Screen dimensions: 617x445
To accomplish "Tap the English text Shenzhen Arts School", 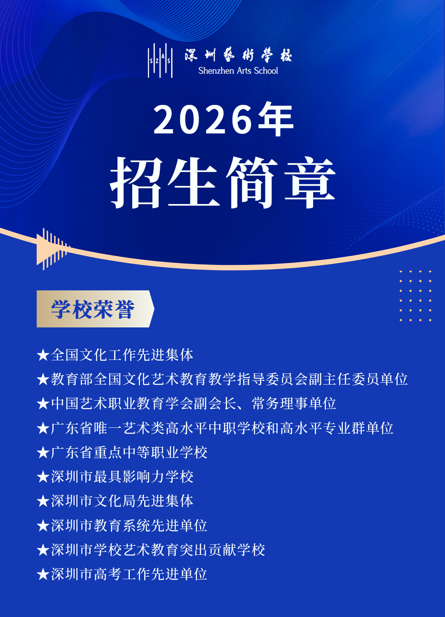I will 238,71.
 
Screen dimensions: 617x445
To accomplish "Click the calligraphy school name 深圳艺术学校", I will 238,55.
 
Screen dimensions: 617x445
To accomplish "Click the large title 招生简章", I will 223,182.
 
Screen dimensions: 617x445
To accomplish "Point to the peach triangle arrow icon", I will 52,249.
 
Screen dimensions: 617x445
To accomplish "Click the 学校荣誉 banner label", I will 93,309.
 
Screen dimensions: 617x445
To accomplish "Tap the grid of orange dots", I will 415,296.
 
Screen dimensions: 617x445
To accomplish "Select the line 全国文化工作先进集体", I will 122,355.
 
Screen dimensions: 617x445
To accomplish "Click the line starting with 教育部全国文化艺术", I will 229,379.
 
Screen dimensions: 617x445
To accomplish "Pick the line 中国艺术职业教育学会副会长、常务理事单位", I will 193,404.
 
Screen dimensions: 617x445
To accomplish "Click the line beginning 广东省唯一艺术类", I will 222,428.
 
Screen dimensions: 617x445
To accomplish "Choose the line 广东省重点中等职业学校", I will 129,452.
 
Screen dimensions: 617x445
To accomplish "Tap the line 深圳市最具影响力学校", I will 122,477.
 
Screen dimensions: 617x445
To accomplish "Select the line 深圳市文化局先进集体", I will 122,501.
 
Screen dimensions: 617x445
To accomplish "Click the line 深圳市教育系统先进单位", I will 129,526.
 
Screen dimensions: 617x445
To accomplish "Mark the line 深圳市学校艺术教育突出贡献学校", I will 158,550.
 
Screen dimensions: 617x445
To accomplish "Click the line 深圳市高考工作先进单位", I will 129,574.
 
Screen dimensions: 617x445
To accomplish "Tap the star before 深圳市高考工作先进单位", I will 43,574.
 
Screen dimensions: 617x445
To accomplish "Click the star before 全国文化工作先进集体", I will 43,355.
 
